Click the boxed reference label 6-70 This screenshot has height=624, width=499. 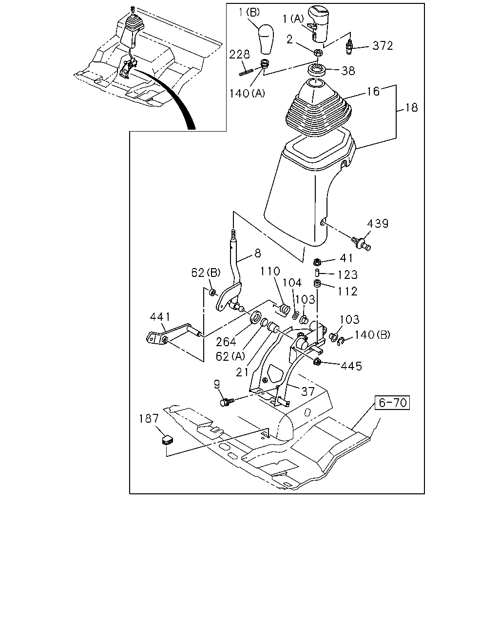point(392,403)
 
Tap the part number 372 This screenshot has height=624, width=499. point(383,45)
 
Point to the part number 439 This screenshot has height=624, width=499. point(378,224)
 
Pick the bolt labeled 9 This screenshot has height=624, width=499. point(225,403)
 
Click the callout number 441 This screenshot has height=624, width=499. point(160,317)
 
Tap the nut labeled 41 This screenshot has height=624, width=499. point(317,262)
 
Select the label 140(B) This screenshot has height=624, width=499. point(373,335)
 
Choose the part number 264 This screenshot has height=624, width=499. point(226,342)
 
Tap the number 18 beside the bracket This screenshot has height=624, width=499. point(411,108)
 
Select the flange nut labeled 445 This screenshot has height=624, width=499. point(317,361)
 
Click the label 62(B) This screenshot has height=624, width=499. point(206,273)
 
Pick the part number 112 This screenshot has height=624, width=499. point(347,292)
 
